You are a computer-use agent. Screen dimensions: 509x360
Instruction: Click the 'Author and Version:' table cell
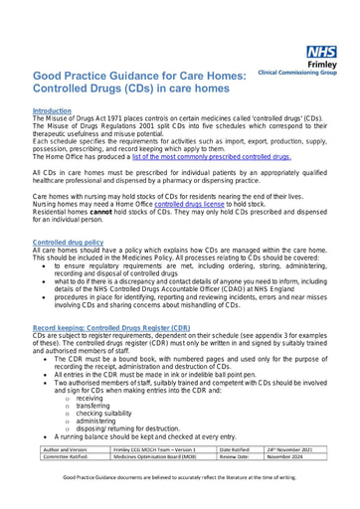coord(66,449)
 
